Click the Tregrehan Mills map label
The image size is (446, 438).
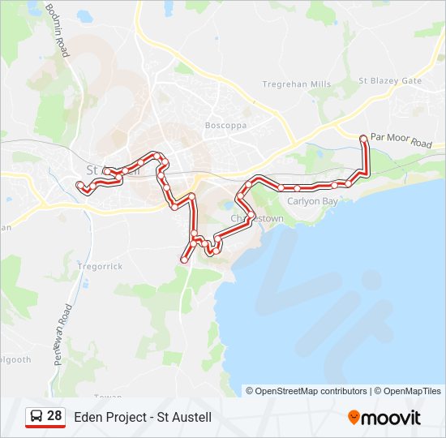click(297, 84)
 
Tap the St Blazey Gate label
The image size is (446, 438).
click(390, 81)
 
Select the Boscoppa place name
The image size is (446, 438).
click(225, 126)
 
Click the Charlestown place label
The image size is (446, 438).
click(257, 219)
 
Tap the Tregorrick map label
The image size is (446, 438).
click(100, 266)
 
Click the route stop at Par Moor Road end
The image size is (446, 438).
click(363, 140)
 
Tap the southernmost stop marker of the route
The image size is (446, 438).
click(184, 260)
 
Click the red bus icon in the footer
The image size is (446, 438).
click(36, 417)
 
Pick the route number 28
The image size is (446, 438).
click(54, 416)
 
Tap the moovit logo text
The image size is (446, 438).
click(391, 418)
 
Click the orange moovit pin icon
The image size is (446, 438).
click(354, 418)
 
